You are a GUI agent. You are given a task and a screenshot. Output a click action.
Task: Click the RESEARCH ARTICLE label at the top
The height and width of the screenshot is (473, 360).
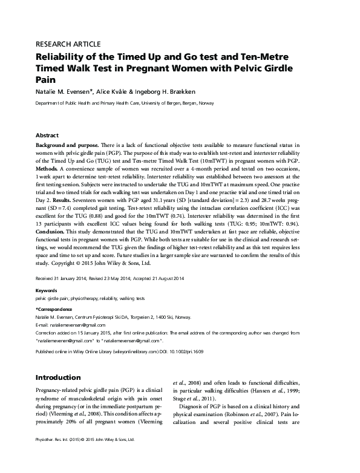(68, 44)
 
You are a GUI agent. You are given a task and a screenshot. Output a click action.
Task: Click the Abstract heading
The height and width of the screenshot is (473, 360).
(48, 136)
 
